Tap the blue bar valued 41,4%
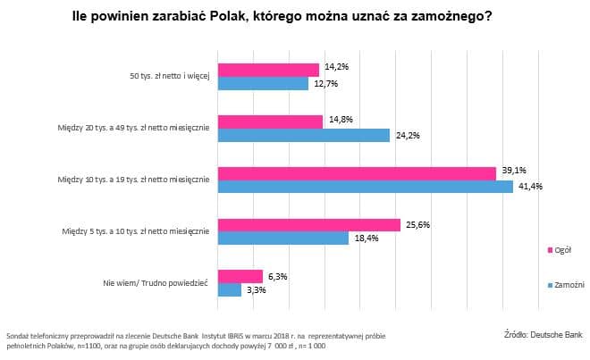366,187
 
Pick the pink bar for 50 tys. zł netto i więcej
268,70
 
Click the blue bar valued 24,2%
304,135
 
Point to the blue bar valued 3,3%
230,290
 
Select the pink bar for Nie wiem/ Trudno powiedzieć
240,277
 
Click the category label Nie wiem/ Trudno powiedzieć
156,282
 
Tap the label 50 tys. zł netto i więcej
166,76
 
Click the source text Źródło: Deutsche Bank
543,335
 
